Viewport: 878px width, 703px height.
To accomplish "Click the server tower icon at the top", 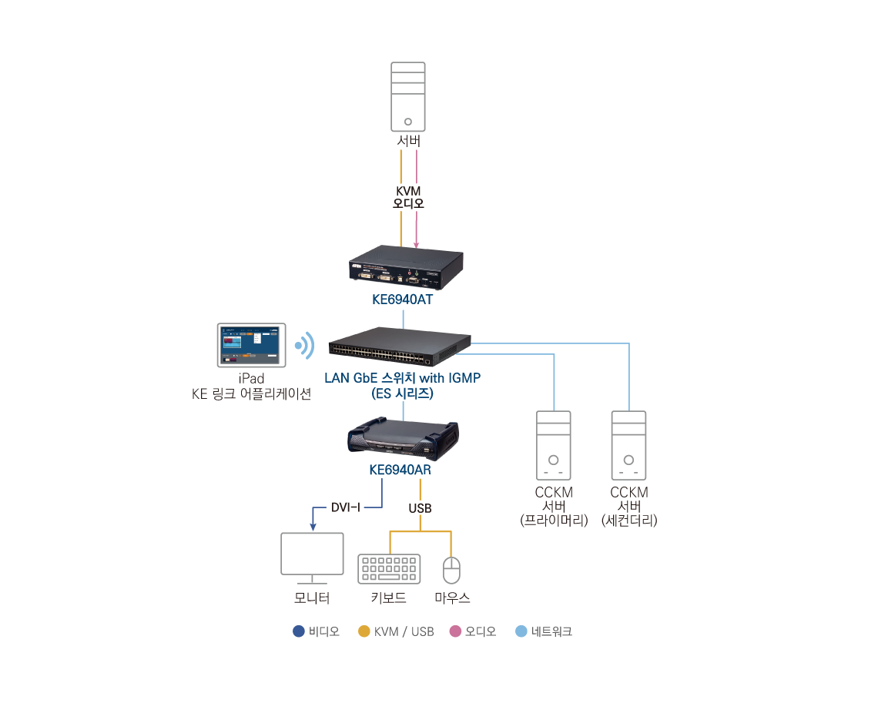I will (x=408, y=96).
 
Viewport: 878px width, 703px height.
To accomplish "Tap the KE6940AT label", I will (x=402, y=300).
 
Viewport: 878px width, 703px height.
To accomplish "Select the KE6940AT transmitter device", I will (x=406, y=267).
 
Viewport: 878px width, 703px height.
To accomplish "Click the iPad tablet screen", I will (x=252, y=344).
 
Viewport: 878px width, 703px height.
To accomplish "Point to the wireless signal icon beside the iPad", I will (x=307, y=346).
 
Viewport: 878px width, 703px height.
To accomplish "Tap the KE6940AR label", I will (x=399, y=470).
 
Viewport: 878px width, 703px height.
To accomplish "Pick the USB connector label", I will (x=420, y=508).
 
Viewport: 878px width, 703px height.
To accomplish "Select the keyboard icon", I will (x=389, y=568).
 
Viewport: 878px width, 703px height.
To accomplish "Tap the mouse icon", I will (x=451, y=570).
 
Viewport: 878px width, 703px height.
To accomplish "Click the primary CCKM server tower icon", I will (x=553, y=446).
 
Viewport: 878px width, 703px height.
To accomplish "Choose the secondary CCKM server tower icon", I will (x=628, y=446).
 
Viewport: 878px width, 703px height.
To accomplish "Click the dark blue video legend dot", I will (x=299, y=631).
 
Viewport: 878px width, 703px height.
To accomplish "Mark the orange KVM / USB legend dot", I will (x=364, y=631).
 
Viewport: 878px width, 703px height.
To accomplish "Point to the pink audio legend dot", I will (x=455, y=631).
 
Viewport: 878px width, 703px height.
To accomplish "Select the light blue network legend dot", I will (x=521, y=631).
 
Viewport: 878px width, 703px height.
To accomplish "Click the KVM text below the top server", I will (x=408, y=190).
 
